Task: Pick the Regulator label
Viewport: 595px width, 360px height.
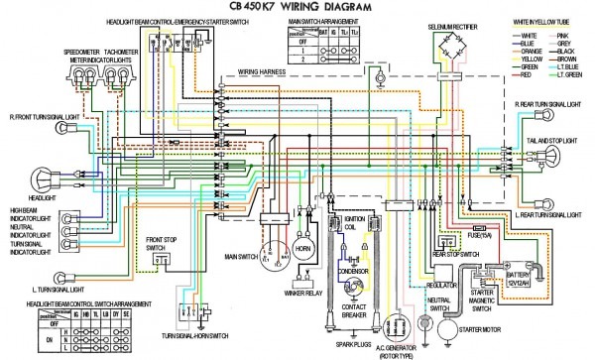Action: point(439,284)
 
